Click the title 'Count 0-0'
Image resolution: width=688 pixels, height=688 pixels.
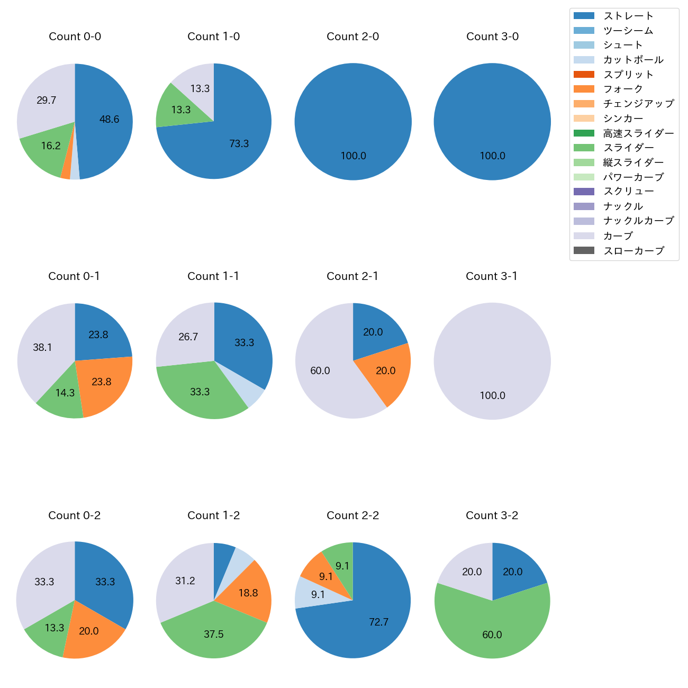pyautogui.click(x=75, y=37)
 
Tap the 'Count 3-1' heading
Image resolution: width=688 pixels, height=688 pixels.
pyautogui.click(x=492, y=276)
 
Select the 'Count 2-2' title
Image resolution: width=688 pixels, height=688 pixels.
pyautogui.click(x=352, y=515)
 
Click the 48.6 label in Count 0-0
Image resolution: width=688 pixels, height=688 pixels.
pyautogui.click(x=109, y=120)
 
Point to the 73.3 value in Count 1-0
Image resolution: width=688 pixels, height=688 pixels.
pyautogui.click(x=239, y=144)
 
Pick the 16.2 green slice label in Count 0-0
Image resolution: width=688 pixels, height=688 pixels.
pyautogui.click(x=51, y=146)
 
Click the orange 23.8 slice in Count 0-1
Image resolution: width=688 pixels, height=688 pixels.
pyautogui.click(x=101, y=382)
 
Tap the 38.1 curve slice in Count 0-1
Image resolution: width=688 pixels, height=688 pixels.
pyautogui.click(x=42, y=348)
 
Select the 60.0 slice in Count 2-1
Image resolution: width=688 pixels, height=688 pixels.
pyautogui.click(x=320, y=371)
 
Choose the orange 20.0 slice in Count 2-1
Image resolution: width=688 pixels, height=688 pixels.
pyautogui.click(x=385, y=371)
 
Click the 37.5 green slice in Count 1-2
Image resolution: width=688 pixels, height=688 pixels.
pyautogui.click(x=213, y=635)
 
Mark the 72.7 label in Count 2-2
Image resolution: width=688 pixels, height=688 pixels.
pyautogui.click(x=379, y=622)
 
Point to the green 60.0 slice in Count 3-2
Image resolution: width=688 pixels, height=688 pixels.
pyautogui.click(x=492, y=635)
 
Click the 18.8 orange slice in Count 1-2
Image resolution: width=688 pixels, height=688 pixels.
pyautogui.click(x=248, y=593)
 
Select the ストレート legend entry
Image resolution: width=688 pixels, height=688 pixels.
pyautogui.click(x=628, y=16)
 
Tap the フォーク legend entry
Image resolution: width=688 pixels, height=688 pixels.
pyautogui.click(x=623, y=89)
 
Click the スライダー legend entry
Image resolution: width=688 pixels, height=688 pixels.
pyautogui.click(x=628, y=148)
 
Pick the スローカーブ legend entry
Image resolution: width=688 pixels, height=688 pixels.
pyautogui.click(x=633, y=251)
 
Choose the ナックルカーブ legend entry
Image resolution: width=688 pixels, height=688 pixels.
pyautogui.click(x=638, y=221)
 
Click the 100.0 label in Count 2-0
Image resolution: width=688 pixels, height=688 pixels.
pyautogui.click(x=353, y=156)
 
